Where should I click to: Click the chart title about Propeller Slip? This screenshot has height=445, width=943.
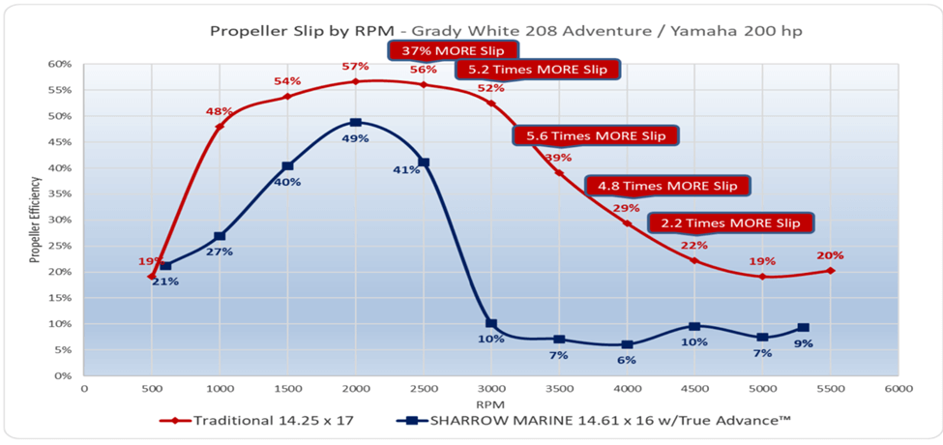coord(506,31)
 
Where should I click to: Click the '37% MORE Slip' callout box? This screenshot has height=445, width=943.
coord(454,50)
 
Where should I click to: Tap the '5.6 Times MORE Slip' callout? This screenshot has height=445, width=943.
coord(593,135)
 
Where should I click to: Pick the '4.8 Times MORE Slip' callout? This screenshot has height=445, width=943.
coord(667,186)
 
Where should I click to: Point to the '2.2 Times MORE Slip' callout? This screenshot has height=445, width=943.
coord(729,222)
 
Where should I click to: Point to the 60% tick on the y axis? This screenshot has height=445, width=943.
coord(60,64)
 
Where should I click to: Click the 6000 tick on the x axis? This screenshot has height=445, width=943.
coord(899,388)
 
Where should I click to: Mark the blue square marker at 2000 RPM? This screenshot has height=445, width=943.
coord(356,123)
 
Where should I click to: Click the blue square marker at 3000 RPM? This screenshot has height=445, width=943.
coord(491,324)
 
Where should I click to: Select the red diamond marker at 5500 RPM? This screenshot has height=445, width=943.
coord(831,271)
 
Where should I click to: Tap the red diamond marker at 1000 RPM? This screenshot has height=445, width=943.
coord(220,126)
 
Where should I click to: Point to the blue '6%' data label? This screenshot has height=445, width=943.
coord(627,360)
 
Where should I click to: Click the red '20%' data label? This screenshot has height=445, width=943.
coord(830,255)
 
